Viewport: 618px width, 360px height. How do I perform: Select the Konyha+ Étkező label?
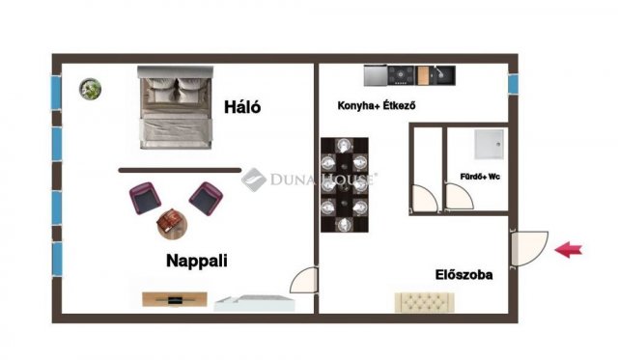tap(377, 106)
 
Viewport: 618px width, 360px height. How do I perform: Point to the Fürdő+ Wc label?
tap(479, 177)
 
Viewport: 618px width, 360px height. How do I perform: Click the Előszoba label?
tap(463, 275)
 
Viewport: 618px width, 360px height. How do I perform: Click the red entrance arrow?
tap(570, 250)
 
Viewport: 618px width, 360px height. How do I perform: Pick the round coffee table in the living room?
tap(173, 223)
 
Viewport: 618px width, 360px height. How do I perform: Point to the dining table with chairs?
tap(345, 185)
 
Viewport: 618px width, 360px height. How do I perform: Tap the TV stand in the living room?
tap(175, 299)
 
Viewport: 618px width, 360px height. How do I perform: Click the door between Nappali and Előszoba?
tap(304, 280)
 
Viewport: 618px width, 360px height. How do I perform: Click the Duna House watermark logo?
tap(309, 178)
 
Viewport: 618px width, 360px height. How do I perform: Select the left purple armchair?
tap(144, 198)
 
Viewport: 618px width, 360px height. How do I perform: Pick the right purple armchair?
tap(205, 198)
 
